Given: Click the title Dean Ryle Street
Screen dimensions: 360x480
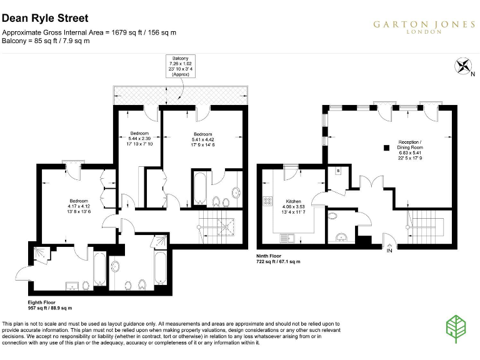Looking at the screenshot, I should (x=45, y=19).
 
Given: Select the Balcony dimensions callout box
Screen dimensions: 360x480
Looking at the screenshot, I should (x=180, y=65).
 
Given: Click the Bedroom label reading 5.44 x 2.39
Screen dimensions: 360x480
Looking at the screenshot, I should (x=139, y=139).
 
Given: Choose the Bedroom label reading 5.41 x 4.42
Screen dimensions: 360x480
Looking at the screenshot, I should (x=202, y=139).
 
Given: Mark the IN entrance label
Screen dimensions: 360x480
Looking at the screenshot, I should (x=389, y=251).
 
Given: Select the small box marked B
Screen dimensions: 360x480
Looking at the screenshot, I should (x=338, y=170).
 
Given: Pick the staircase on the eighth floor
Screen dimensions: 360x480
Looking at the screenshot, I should (x=216, y=228).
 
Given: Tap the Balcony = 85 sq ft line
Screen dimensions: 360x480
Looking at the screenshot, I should (x=46, y=41).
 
